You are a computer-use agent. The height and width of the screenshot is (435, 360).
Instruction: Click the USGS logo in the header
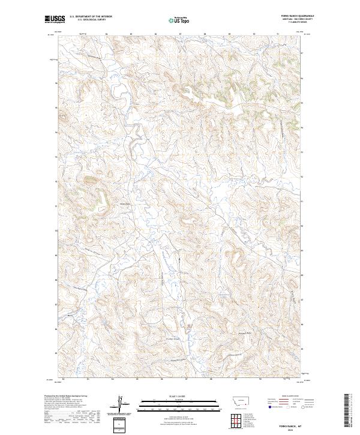click(55, 19)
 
